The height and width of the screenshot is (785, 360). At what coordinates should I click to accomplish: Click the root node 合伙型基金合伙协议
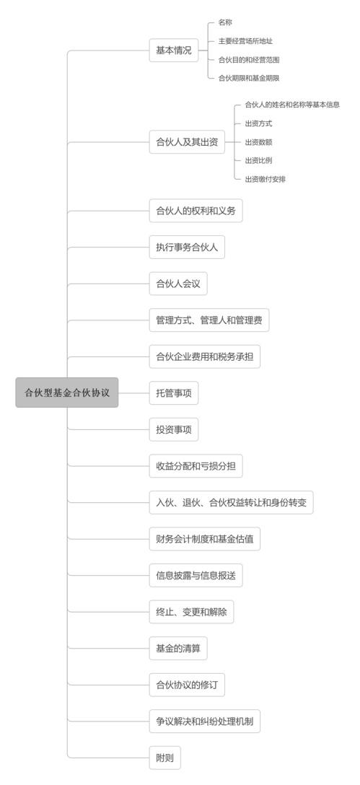tap(66, 392)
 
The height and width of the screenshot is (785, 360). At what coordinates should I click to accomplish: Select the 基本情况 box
tap(174, 51)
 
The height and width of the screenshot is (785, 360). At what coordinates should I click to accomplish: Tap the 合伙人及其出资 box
tap(187, 142)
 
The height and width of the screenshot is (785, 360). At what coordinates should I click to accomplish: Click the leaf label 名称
tap(225, 22)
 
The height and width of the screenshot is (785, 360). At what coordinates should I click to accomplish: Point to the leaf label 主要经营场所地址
tap(245, 41)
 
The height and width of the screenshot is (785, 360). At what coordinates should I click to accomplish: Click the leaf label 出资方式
tap(259, 123)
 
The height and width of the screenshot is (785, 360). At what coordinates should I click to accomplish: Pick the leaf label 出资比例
tap(259, 160)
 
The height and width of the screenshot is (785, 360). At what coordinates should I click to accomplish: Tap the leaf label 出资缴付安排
tap(265, 179)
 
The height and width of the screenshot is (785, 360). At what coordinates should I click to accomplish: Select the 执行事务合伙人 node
tap(187, 247)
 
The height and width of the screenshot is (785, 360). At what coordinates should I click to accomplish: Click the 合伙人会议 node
tap(178, 284)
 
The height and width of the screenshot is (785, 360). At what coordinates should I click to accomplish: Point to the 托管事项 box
tap(174, 393)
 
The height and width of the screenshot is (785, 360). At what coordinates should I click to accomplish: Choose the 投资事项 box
tap(174, 429)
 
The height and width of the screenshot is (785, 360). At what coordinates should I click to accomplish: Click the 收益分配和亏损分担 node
tap(196, 466)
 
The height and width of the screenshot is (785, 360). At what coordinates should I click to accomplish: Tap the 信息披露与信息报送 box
tap(196, 576)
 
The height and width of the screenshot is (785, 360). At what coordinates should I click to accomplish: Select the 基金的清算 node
tap(178, 649)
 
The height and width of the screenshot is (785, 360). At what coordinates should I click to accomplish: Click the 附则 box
tap(164, 758)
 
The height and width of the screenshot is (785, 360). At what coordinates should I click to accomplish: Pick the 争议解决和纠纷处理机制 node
tap(205, 722)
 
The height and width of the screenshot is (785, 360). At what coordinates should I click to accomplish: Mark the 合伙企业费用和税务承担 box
tap(205, 356)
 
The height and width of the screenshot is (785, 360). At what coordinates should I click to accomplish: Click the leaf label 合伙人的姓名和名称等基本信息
tap(292, 105)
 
